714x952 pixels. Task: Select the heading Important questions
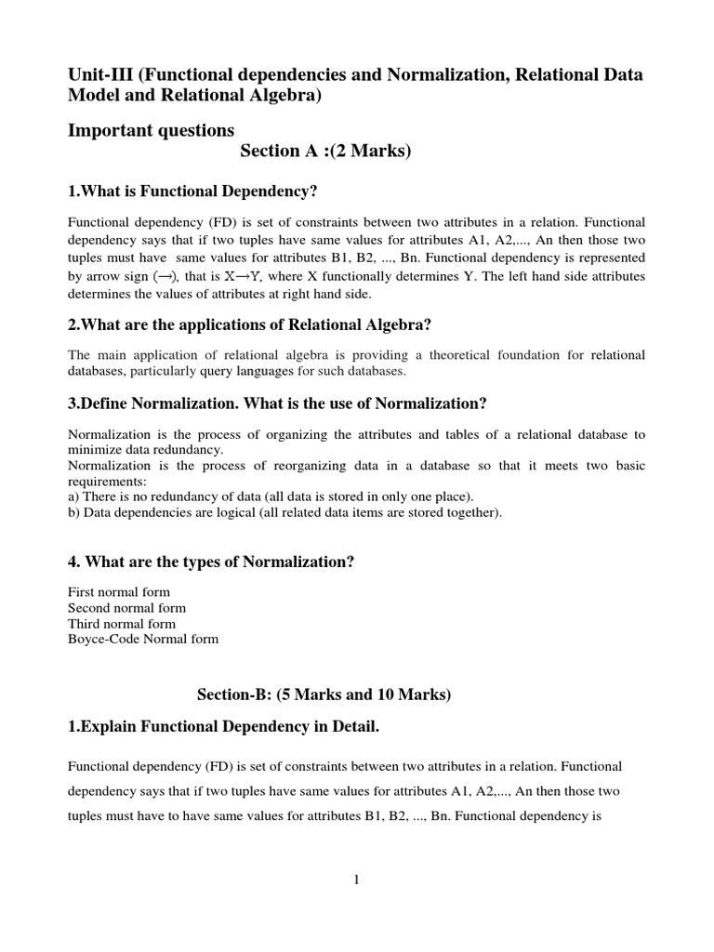(x=152, y=129)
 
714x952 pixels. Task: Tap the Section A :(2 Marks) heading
(x=324, y=152)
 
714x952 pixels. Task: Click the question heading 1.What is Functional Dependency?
(x=193, y=191)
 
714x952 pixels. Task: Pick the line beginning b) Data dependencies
(x=284, y=512)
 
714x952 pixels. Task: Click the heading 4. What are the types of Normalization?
(x=211, y=562)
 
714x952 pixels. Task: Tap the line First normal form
(x=119, y=592)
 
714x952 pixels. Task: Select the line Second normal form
(x=127, y=608)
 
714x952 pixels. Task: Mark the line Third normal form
(x=122, y=624)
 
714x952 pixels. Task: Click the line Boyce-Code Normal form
(x=144, y=640)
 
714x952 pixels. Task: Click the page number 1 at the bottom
(x=356, y=881)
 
